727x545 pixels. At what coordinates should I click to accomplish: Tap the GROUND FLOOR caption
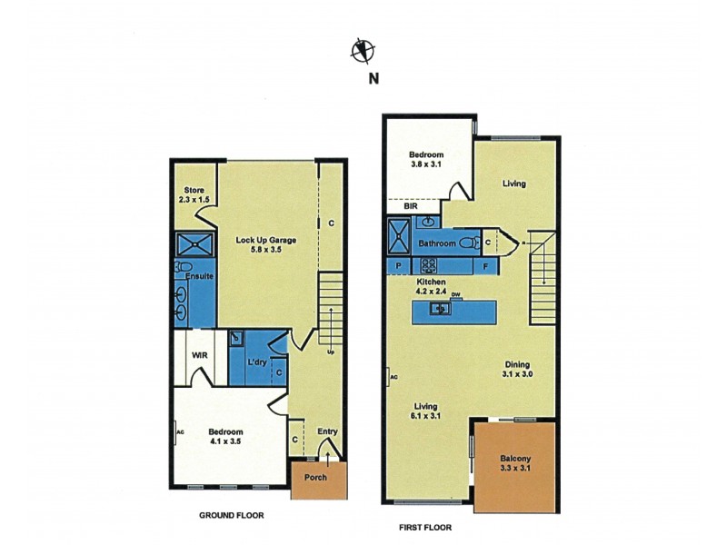(x=231, y=515)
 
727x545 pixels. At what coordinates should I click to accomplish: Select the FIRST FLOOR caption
(x=424, y=527)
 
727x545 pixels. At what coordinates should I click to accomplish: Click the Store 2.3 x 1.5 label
(x=194, y=195)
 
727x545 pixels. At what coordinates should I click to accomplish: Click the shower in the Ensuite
(x=194, y=244)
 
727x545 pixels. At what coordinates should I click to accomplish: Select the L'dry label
(x=257, y=362)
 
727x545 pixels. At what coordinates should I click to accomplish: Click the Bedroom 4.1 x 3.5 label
(x=224, y=436)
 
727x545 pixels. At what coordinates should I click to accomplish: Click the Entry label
(x=327, y=431)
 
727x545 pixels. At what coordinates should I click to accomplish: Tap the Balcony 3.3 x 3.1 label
(x=515, y=463)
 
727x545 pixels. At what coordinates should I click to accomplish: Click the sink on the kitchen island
(x=438, y=310)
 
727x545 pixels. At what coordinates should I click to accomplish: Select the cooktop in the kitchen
(x=427, y=266)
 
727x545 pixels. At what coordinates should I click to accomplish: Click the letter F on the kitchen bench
(x=486, y=266)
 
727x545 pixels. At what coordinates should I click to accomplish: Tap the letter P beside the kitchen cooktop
(x=398, y=266)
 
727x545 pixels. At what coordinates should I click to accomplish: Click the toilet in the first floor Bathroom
(x=467, y=243)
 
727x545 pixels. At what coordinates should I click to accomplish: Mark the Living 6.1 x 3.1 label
(x=426, y=411)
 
